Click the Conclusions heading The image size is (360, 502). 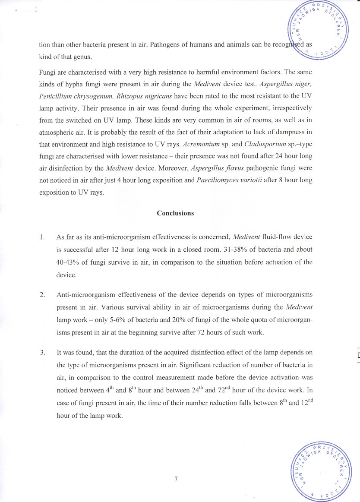click(x=175, y=213)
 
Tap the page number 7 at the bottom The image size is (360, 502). click(x=176, y=479)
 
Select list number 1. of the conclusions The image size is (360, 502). click(x=42, y=237)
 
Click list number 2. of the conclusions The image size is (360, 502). click(x=42, y=295)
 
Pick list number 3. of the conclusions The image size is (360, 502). click(x=42, y=352)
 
